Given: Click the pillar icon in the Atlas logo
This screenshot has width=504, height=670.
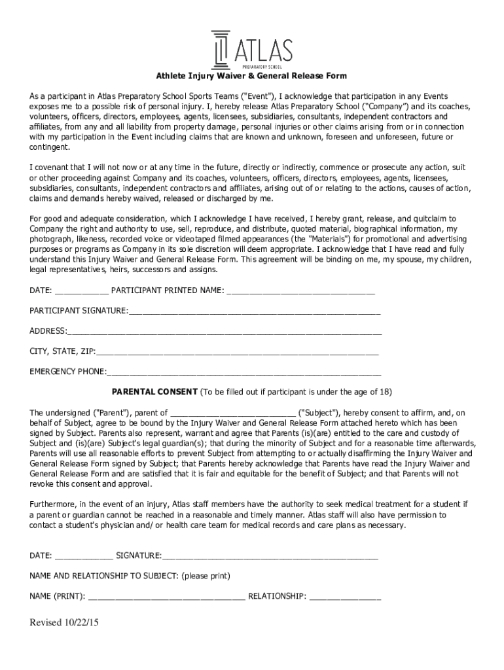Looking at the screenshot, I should point(221,49).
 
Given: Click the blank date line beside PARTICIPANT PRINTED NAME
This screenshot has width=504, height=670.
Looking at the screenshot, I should point(82,291).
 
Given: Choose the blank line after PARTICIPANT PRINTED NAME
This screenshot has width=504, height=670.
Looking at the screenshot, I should point(300,291).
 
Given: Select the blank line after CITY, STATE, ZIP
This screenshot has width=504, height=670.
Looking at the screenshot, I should point(237,352).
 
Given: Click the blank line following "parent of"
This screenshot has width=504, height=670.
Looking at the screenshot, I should point(232,413).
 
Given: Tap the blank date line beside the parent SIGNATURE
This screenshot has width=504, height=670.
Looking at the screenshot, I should point(83,556).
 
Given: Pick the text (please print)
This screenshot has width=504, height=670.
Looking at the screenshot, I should point(206,576).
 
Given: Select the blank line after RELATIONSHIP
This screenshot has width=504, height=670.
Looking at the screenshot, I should point(345,597).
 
